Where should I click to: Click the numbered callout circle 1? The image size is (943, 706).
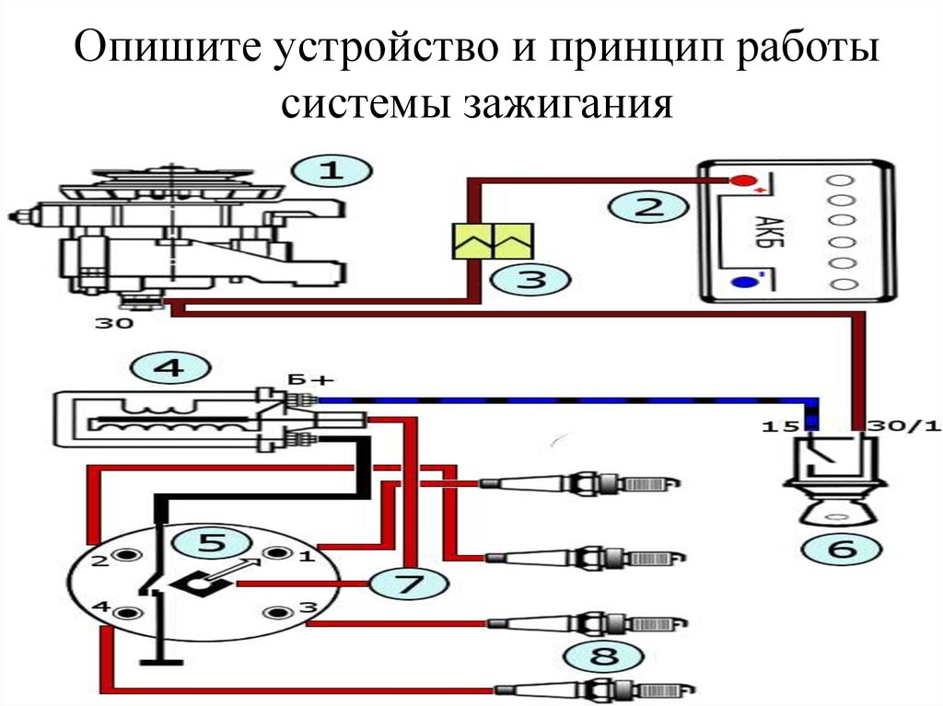click(330, 171)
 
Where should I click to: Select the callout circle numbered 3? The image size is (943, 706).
click(529, 279)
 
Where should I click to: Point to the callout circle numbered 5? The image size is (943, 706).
click(211, 543)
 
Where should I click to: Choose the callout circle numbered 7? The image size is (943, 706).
click(408, 584)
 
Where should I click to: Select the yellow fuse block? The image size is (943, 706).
click(492, 241)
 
